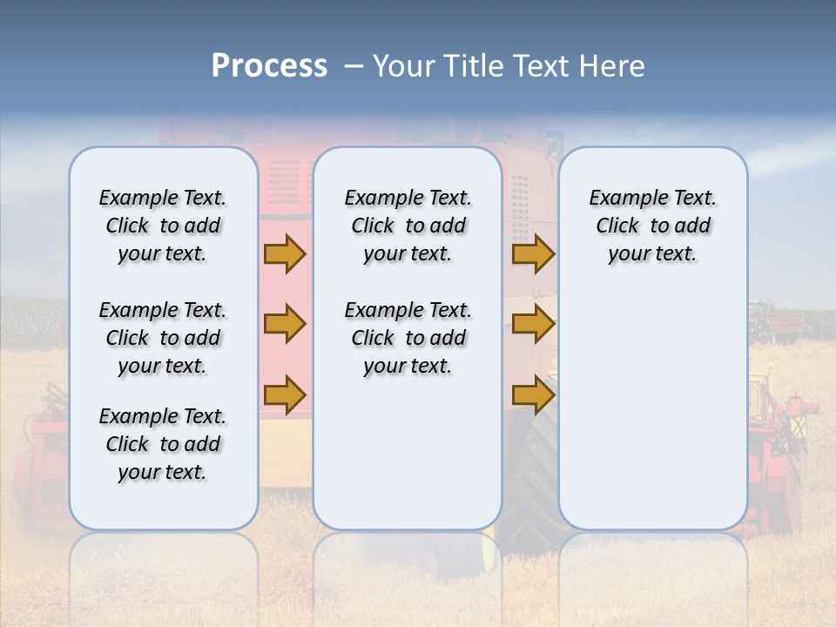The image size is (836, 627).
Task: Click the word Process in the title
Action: (x=269, y=66)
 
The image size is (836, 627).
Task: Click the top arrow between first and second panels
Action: (x=285, y=254)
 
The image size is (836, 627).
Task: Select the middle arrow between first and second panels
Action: (x=285, y=325)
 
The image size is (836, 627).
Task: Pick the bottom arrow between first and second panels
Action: (x=285, y=395)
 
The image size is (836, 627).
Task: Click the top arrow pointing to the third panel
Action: (x=533, y=254)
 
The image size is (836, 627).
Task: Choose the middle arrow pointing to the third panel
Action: (x=533, y=325)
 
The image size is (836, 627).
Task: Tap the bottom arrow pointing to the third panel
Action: (x=533, y=395)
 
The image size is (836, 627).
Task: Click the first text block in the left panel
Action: (x=163, y=226)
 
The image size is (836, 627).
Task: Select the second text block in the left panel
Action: (x=163, y=338)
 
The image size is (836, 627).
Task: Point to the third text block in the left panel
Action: (x=163, y=444)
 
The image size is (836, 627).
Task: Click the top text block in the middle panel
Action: (x=408, y=226)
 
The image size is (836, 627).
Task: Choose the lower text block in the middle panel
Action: (x=408, y=338)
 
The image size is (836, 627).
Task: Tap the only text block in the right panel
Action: (x=652, y=226)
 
